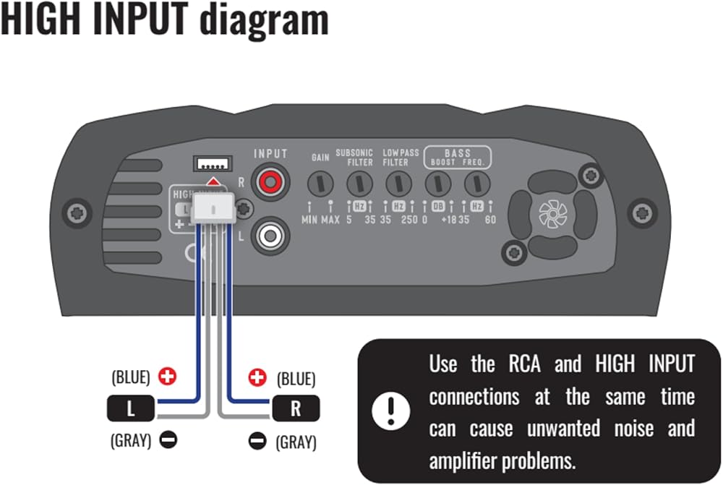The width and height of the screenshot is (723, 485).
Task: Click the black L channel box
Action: tap(131, 408)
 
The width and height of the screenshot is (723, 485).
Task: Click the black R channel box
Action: tap(295, 408)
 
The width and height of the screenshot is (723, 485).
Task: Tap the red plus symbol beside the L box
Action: tap(168, 377)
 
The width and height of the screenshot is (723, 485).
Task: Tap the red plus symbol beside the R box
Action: tap(257, 377)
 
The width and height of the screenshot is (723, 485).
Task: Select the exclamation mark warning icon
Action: tap(390, 411)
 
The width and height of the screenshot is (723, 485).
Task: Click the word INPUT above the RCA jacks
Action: tap(270, 154)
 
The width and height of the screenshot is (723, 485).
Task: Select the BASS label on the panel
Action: tap(457, 153)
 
